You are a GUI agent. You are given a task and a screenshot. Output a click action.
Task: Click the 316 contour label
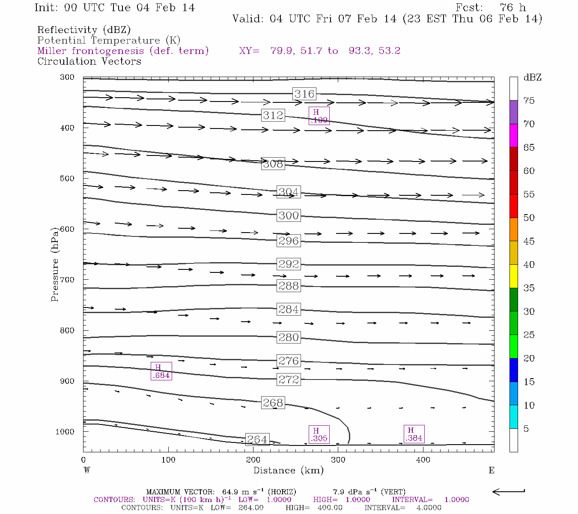pyautogui.click(x=304, y=94)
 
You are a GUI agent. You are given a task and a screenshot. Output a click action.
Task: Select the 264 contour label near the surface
pyautogui.click(x=257, y=439)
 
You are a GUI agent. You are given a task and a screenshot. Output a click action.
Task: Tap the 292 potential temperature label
pyautogui.click(x=289, y=264)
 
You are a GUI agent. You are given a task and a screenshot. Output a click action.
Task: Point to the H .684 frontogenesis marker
pyautogui.click(x=161, y=371)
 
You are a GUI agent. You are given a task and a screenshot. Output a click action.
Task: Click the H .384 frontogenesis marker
pyautogui.click(x=414, y=434)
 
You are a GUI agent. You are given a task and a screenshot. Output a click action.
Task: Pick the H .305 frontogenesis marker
pyautogui.click(x=319, y=434)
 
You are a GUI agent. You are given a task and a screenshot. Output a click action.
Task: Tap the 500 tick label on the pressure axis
pyautogui.click(x=67, y=179)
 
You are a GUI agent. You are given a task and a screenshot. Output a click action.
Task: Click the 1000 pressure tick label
pyautogui.click(x=65, y=432)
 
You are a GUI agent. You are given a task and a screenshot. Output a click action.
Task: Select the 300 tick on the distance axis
pyautogui.click(x=338, y=460)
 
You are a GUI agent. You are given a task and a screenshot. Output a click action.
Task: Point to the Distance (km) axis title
pyautogui.click(x=288, y=470)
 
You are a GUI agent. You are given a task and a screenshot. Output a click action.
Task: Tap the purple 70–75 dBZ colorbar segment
pyautogui.click(x=513, y=112)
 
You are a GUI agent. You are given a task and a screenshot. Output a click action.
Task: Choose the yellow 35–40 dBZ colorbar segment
pyautogui.click(x=513, y=276)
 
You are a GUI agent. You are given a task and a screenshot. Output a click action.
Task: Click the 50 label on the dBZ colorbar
pyautogui.click(x=529, y=218)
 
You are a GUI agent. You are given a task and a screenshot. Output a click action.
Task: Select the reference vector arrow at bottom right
pyautogui.click(x=509, y=492)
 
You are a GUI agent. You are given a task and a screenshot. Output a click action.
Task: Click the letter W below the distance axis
pyautogui.click(x=86, y=470)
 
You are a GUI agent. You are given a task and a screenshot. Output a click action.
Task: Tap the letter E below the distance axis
pyautogui.click(x=492, y=470)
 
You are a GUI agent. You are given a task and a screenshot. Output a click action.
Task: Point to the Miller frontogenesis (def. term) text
pyautogui.click(x=123, y=51)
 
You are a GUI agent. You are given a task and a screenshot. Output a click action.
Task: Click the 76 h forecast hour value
pyautogui.click(x=512, y=8)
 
